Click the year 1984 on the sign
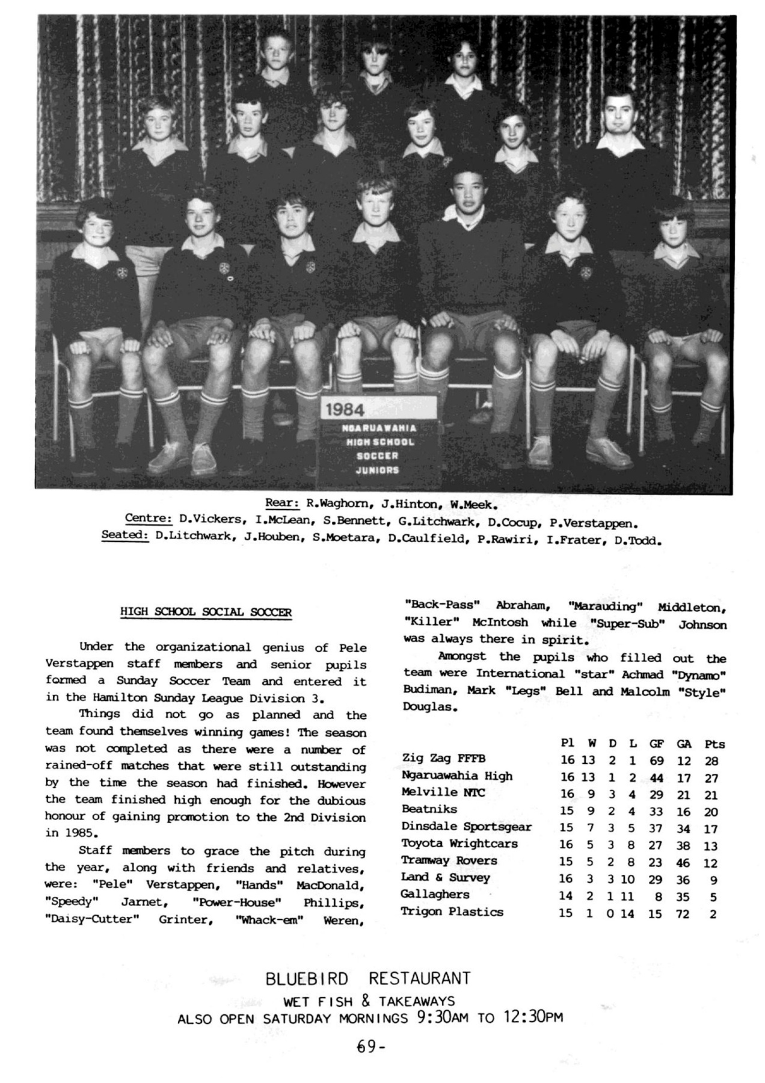(x=345, y=410)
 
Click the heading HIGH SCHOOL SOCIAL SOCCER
(x=206, y=612)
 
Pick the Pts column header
(x=714, y=744)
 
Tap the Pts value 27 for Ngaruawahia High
(x=711, y=778)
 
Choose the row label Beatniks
(x=429, y=809)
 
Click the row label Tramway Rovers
(x=449, y=860)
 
